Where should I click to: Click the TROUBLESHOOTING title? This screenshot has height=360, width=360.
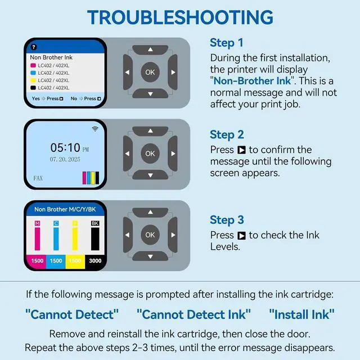tap(180, 17)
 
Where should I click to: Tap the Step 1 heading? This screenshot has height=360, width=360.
tap(226, 43)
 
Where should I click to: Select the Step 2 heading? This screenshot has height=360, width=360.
tap(227, 134)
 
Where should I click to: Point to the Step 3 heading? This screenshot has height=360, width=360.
tap(227, 220)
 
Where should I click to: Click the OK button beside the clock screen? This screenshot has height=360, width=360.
tap(150, 154)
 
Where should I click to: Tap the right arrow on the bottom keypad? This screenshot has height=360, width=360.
tap(173, 235)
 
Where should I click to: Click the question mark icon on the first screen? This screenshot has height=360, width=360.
tap(34, 47)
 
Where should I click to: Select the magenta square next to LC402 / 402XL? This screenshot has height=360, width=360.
tap(33, 65)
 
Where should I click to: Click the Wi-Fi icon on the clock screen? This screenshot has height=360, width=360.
tap(95, 129)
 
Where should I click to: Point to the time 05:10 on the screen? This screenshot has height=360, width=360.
tap(65, 147)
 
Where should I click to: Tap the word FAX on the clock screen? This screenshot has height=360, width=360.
tap(38, 178)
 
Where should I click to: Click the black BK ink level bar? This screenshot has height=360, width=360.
tap(95, 238)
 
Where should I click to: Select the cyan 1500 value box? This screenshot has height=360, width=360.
tap(56, 261)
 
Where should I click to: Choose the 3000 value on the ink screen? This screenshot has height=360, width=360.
tap(95, 261)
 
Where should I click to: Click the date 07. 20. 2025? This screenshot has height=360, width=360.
tap(65, 159)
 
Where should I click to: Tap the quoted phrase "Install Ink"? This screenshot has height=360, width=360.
tap(301, 314)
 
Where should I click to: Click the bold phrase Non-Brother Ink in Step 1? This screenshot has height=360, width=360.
tap(252, 81)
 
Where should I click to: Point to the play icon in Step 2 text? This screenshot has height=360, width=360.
tap(241, 150)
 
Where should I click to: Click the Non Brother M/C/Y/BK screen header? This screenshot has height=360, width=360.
tap(65, 209)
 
